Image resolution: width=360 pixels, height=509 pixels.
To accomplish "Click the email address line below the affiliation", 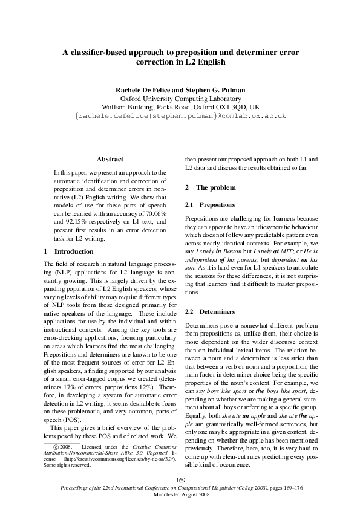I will (x=180, y=115).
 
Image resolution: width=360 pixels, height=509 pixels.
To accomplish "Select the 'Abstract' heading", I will (x=110, y=159).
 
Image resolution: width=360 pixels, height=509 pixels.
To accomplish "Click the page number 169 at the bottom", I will (x=180, y=479).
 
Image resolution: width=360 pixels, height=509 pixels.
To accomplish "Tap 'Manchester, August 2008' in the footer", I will (x=180, y=494).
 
